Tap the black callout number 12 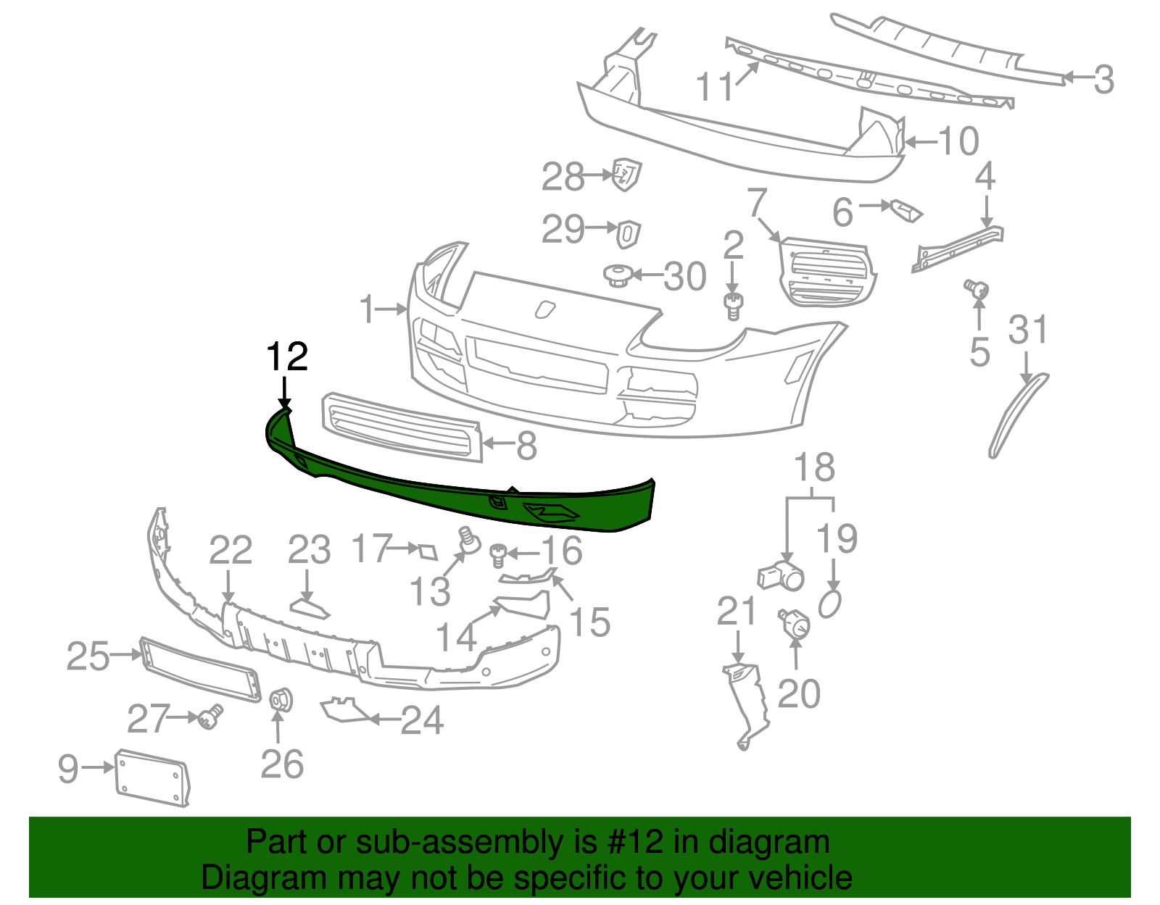pos(287,356)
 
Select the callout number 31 pos(1028,330)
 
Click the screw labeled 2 pos(734,306)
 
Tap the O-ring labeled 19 pos(830,604)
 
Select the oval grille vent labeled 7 pos(826,272)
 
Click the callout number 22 pos(230,551)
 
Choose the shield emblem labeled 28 pos(626,174)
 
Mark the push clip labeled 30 pos(617,275)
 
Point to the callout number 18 pos(814,468)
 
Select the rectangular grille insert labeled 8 pos(402,428)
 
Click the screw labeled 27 pos(212,717)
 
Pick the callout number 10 pos(958,141)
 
